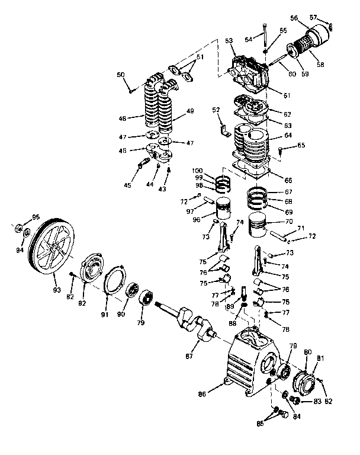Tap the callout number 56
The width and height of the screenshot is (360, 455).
tap(310, 18)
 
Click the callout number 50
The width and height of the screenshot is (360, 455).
tap(121, 75)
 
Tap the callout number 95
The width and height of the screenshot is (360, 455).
tap(35, 217)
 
